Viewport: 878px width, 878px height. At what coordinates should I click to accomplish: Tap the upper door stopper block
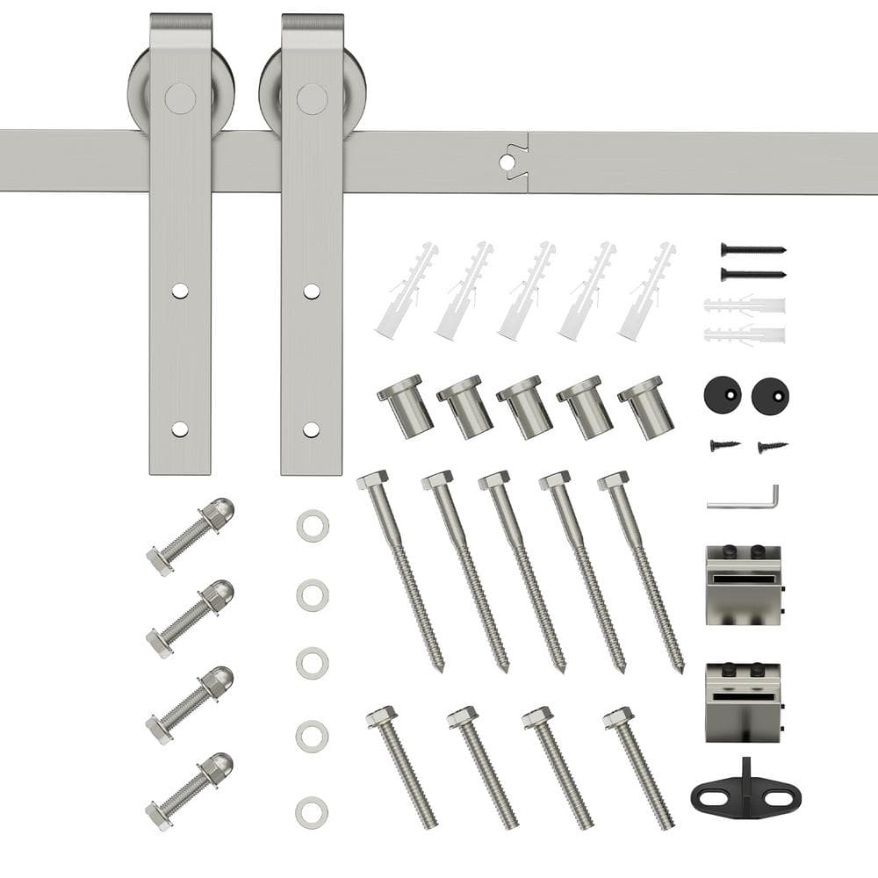tap(743, 585)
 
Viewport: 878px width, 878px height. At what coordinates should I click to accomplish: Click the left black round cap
tap(722, 396)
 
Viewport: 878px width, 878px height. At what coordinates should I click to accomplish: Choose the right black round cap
tap(770, 396)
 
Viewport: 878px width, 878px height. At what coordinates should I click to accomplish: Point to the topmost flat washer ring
tap(313, 526)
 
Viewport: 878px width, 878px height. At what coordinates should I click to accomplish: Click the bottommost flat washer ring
tap(312, 812)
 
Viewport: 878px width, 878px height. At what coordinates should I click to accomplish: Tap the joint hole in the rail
tap(507, 162)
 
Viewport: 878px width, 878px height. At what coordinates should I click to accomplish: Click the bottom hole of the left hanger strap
tap(180, 429)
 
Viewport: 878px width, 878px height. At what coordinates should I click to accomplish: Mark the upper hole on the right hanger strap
tap(312, 290)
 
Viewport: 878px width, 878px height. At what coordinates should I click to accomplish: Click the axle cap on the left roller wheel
tap(180, 97)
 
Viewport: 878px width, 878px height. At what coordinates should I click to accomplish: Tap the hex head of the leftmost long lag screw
tap(372, 480)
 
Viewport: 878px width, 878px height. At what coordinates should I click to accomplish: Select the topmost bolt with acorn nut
tap(190, 536)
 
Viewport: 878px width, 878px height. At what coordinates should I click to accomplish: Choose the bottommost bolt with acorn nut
tap(189, 791)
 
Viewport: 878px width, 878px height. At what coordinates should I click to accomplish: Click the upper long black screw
tap(752, 249)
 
